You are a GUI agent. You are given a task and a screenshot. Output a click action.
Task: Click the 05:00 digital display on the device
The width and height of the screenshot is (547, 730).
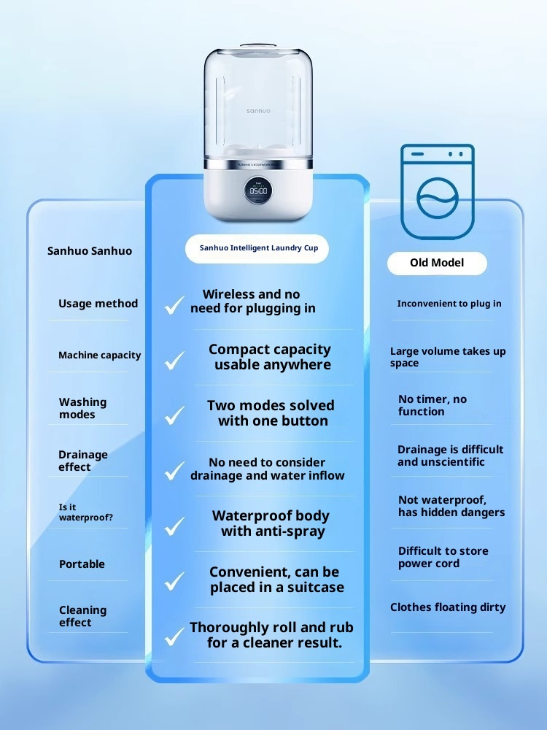coord(257,191)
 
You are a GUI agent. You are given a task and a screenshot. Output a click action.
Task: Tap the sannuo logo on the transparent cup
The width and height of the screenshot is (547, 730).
coord(258,110)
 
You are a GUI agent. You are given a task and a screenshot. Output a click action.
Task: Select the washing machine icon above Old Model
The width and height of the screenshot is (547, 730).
coord(438,191)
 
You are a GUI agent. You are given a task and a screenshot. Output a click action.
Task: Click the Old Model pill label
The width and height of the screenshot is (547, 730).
coord(437,263)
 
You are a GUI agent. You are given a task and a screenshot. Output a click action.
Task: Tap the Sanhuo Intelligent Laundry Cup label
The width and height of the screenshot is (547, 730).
coord(259,248)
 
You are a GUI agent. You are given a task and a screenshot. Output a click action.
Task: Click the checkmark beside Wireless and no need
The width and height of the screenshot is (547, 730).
coord(174,304)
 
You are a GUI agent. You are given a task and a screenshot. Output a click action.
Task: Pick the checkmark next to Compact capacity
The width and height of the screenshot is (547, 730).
coord(174,360)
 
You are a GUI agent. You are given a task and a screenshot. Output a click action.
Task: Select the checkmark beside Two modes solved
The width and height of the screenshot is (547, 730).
coord(174,415)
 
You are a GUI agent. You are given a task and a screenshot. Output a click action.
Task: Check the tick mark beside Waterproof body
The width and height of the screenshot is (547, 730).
coord(174,526)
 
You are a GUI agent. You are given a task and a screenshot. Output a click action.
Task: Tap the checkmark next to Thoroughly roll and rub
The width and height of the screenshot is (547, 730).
coord(174,637)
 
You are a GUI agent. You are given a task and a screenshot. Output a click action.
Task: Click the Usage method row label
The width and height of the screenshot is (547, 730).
coord(98,304)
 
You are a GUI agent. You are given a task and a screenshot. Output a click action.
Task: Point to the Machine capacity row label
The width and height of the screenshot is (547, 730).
coord(99,356)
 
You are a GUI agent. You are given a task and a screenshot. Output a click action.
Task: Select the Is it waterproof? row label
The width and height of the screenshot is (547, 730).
coord(85,512)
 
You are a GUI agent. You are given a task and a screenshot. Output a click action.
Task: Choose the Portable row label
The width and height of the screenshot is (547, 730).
coord(82,564)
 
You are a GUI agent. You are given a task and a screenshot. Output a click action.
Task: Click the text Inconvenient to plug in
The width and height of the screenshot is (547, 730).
coord(449,304)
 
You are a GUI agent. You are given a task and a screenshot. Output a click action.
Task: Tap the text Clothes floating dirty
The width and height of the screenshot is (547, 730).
coord(448,607)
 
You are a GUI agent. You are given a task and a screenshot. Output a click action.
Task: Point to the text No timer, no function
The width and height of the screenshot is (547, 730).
coord(432,405)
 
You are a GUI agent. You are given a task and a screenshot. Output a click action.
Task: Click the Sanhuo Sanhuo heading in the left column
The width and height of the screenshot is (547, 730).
coord(90,251)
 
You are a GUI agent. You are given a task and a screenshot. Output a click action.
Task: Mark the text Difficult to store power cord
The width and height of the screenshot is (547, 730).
coord(443,557)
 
